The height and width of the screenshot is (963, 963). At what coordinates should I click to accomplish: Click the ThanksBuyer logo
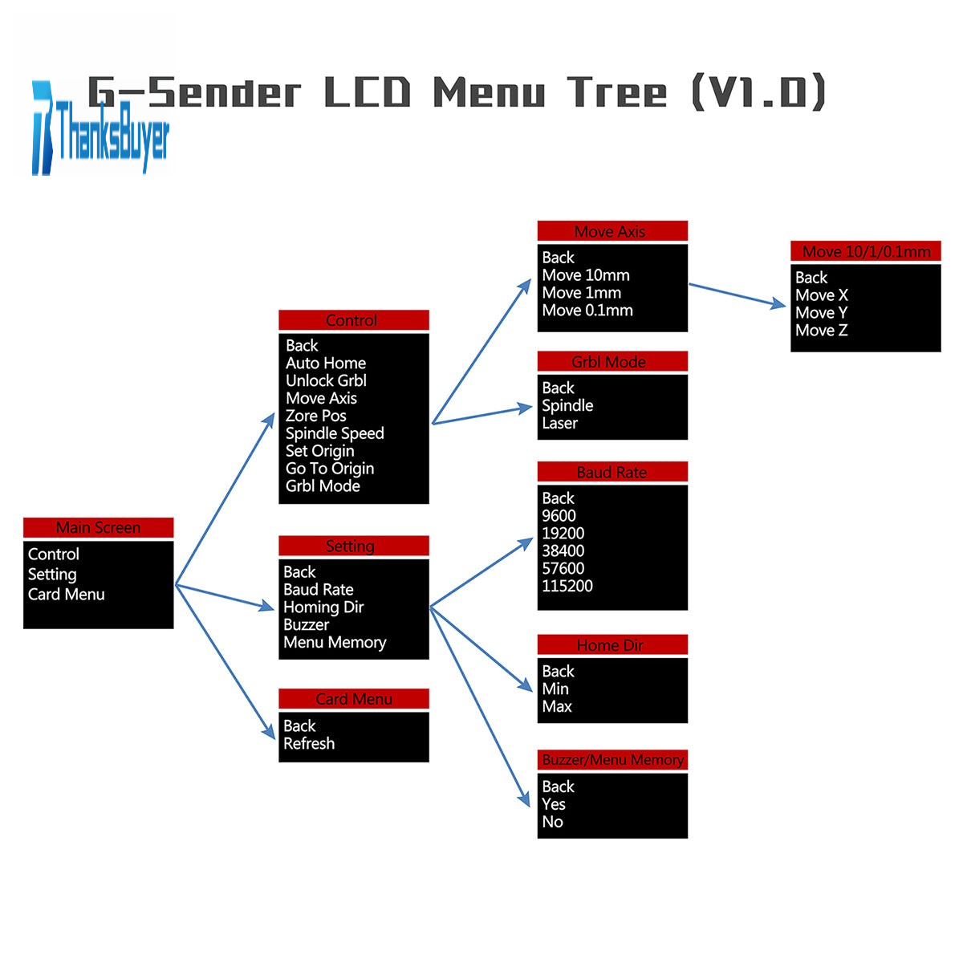pos(100,128)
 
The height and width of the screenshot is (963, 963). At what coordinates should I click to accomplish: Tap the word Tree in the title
pos(616,92)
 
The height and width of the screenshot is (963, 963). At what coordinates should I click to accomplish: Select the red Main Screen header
pos(99,527)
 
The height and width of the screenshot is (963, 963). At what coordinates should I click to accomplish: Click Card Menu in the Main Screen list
pos(67,594)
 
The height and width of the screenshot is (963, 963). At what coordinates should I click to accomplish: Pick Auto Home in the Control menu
pos(326,363)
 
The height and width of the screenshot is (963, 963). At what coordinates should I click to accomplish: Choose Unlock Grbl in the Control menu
pos(327,380)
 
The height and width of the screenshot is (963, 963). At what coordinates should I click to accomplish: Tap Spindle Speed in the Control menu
pos(335,433)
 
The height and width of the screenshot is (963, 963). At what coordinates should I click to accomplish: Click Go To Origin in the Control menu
pos(330,468)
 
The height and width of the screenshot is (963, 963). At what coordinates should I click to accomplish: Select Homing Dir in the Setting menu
pos(323,607)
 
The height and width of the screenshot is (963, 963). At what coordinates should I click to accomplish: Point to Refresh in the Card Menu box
pos(309,744)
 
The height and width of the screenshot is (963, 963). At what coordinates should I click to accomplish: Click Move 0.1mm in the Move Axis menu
pos(587,311)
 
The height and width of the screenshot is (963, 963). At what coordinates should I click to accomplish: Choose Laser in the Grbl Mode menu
pos(559,423)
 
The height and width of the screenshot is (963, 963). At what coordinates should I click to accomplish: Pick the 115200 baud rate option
pos(567,586)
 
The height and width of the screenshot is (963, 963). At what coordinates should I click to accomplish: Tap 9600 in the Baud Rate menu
pos(559,516)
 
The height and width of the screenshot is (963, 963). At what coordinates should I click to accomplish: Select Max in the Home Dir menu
pos(557,707)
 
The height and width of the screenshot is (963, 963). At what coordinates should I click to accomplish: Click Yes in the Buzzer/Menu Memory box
pos(554,804)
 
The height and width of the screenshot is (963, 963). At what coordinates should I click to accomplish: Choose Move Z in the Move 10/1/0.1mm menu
pos(822,331)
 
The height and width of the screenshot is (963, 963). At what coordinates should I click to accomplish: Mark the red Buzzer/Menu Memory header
pos(612,760)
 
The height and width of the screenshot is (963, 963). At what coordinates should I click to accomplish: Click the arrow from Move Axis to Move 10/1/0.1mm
pos(737,295)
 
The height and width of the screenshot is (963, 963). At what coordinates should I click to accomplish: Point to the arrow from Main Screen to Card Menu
pos(226,661)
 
